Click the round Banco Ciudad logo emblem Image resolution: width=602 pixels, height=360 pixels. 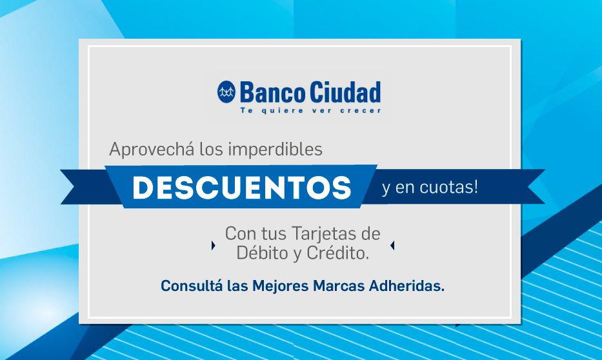click(226, 92)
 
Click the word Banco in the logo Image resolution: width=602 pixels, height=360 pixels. click(273, 92)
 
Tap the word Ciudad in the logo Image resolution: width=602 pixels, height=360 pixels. click(345, 92)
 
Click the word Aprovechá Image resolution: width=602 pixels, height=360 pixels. click(152, 149)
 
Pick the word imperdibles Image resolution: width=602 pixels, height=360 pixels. click(276, 149)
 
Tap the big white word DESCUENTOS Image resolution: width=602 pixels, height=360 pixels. click(242, 188)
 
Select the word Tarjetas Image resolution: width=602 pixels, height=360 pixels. click(323, 234)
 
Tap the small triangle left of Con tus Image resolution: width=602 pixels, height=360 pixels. click(214, 245)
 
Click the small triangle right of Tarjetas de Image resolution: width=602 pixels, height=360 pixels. click(392, 245)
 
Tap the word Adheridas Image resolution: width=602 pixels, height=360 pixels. click(406, 286)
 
